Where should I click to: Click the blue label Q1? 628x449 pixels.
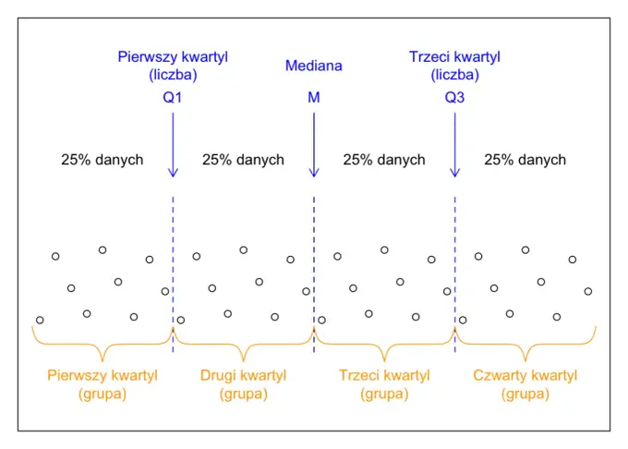(172, 97)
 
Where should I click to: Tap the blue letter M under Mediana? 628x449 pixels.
(314, 97)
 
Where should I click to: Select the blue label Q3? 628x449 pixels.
(454, 97)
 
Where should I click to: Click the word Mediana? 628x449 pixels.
(314, 66)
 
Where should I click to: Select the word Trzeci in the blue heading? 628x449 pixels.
(426, 57)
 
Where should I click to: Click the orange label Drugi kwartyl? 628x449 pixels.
(243, 376)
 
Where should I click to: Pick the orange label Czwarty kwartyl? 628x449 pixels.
(525, 376)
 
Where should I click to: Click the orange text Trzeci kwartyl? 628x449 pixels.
(384, 376)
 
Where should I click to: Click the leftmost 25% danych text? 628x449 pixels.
(103, 160)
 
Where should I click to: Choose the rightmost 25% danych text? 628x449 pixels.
(525, 160)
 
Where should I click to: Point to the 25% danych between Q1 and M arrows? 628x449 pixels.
(243, 160)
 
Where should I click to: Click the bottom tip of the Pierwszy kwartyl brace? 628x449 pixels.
(103, 361)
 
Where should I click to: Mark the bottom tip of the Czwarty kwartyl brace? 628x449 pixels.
(525, 361)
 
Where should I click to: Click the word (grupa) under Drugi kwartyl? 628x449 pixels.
(243, 394)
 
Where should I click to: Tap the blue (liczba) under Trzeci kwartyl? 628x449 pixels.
(454, 75)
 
